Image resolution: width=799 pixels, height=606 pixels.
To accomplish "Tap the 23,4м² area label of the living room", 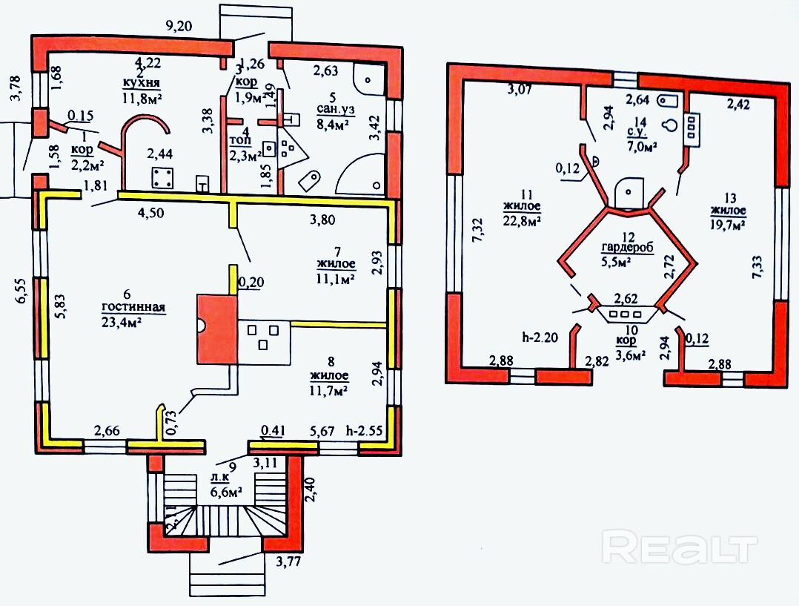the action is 123,321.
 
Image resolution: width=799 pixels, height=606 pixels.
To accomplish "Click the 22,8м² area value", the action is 522,220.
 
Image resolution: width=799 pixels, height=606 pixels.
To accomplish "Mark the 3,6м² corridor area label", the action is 629,354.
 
